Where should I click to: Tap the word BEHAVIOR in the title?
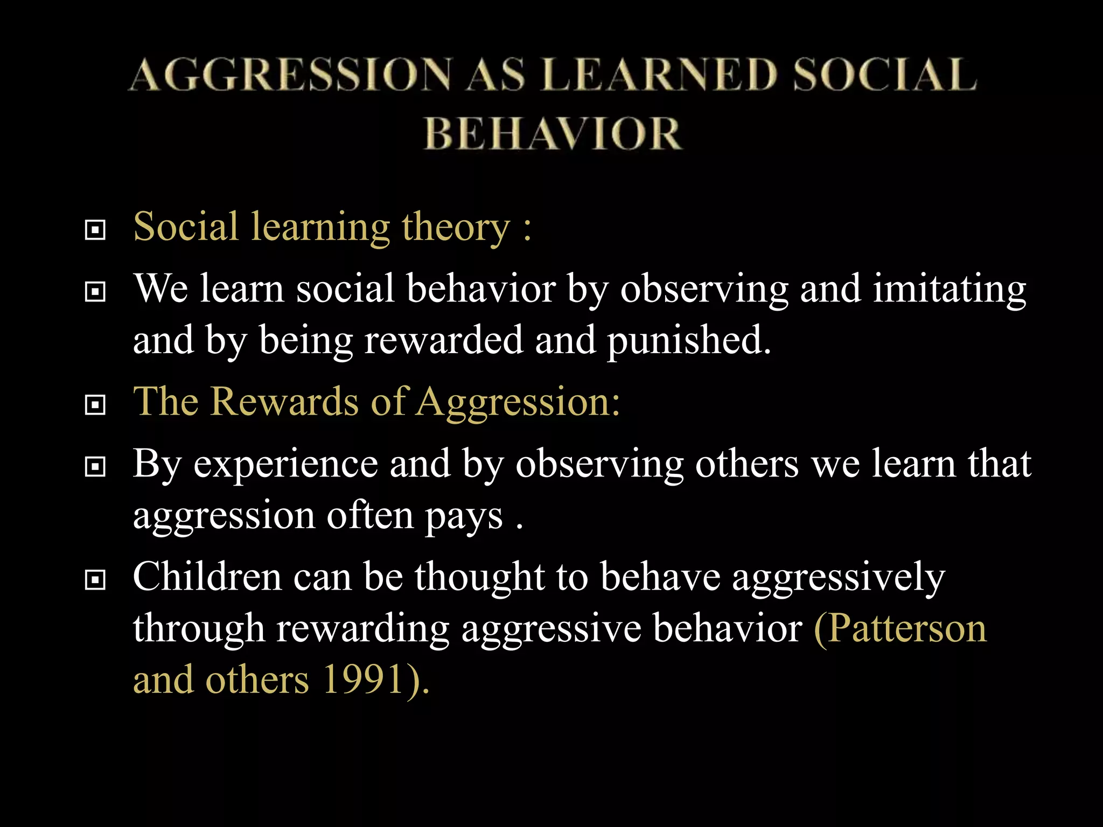pos(553,134)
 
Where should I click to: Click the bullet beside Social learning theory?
pos(95,230)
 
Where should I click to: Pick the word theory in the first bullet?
pos(456,228)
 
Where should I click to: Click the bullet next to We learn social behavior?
pos(95,292)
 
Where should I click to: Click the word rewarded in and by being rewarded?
pos(443,340)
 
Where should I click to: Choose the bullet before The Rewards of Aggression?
pos(95,405)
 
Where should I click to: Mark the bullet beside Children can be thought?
pos(95,580)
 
